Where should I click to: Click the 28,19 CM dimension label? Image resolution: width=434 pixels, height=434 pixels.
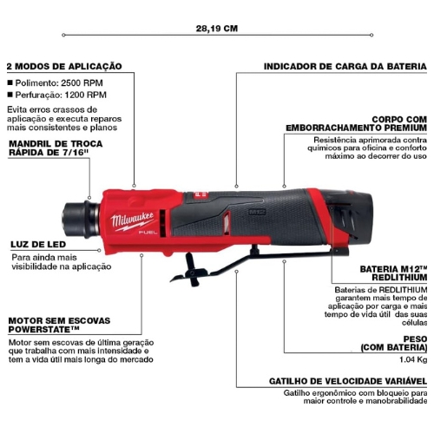click(x=217, y=29)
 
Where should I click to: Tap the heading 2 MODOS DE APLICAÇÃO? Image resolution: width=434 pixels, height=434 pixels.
click(x=64, y=66)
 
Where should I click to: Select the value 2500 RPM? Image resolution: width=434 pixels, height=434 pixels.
click(x=82, y=83)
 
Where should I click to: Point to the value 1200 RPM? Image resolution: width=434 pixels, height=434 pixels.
click(x=85, y=95)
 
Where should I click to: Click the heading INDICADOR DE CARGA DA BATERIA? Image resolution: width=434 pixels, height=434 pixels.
click(x=345, y=66)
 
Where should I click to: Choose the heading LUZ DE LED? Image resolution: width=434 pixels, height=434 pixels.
click(x=38, y=245)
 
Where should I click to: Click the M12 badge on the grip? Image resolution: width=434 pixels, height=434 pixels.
click(x=257, y=212)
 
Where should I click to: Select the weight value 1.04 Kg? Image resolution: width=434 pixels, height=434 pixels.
click(x=413, y=359)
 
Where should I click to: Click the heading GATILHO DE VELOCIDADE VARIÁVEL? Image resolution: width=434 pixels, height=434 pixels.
click(x=348, y=381)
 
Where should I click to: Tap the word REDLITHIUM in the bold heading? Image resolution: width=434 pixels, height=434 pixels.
click(x=399, y=278)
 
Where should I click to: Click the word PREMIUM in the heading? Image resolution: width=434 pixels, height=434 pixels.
click(x=402, y=128)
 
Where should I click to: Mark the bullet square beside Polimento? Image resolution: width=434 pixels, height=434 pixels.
click(x=10, y=82)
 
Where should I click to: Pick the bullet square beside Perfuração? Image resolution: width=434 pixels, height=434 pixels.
click(x=10, y=95)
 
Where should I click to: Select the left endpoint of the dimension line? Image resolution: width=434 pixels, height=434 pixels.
click(x=63, y=35)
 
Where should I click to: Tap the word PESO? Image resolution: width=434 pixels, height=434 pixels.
click(x=415, y=339)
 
